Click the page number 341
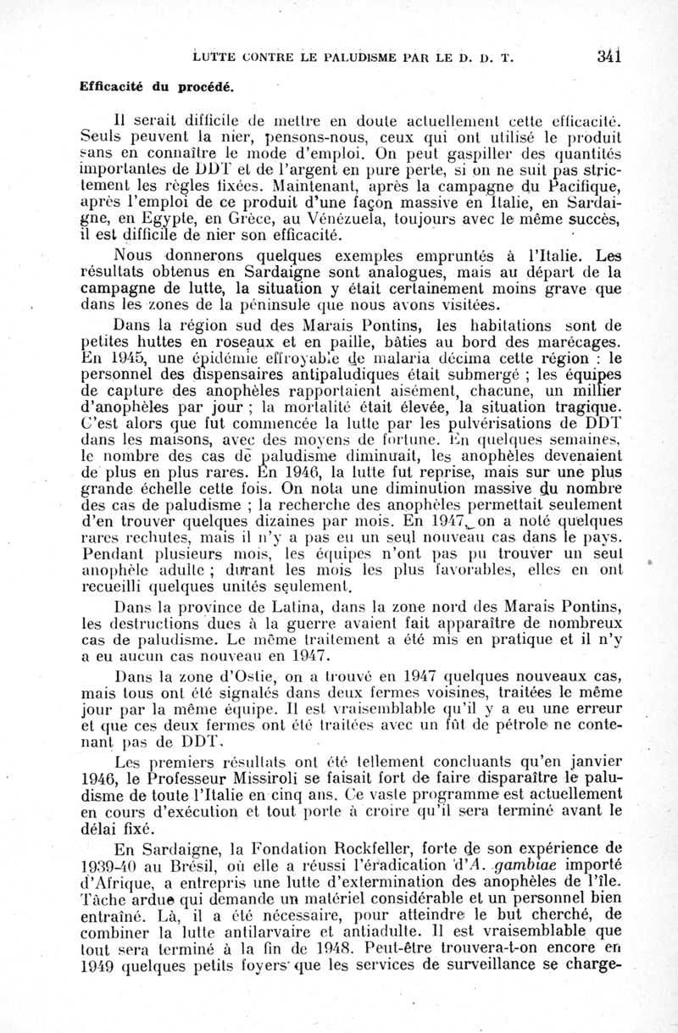[609, 57]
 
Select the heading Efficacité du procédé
[157, 86]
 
